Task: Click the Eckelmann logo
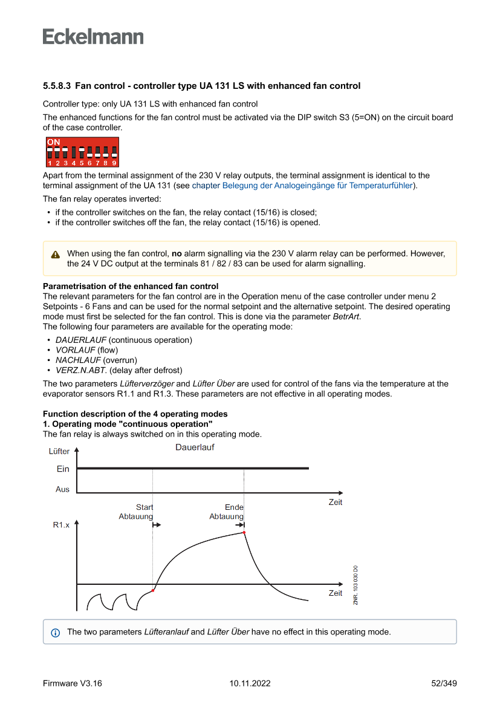tap(93, 36)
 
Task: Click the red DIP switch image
tap(82, 152)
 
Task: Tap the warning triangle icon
tap(56, 255)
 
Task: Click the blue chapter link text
tap(302, 185)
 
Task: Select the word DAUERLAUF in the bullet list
tap(81, 340)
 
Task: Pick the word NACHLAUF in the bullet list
tap(78, 360)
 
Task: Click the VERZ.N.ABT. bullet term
tap(81, 370)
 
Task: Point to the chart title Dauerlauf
tap(195, 448)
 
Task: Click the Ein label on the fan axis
tap(63, 469)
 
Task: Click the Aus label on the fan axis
tap(62, 489)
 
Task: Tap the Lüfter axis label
tap(59, 451)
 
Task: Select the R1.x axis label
tap(61, 525)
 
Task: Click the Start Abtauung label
tap(136, 512)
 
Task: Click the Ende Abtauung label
tap(227, 512)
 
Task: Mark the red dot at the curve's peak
tap(244, 533)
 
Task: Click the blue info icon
tap(56, 633)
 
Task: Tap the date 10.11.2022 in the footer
tap(250, 683)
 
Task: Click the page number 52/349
tap(443, 683)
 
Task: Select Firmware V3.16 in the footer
tap(73, 683)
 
